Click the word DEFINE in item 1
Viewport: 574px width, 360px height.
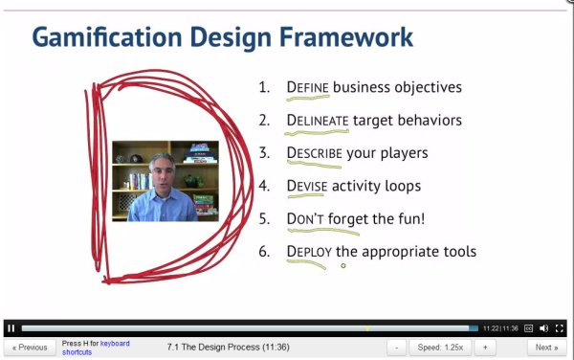307,87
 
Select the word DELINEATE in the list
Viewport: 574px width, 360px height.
319,120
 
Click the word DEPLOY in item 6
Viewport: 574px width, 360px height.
308,252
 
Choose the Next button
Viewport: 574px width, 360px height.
546,348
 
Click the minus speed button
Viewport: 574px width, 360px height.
398,348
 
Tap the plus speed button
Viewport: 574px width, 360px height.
485,348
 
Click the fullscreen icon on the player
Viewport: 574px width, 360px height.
560,328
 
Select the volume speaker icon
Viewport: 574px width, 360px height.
544,328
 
